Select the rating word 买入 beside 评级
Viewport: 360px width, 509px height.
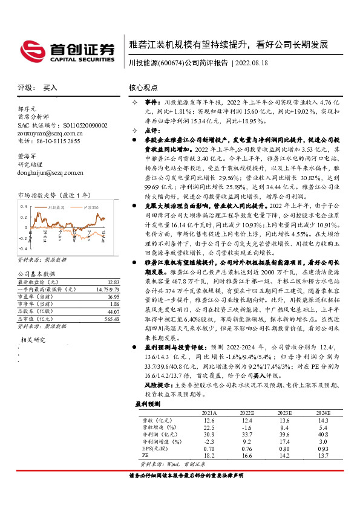pyautogui.click(x=50, y=87)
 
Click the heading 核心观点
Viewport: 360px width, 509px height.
pyautogui.click(x=143, y=87)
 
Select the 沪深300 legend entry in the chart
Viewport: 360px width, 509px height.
pyautogui.click(x=91, y=207)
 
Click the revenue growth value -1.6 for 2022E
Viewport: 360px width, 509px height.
pyautogui.click(x=246, y=427)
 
